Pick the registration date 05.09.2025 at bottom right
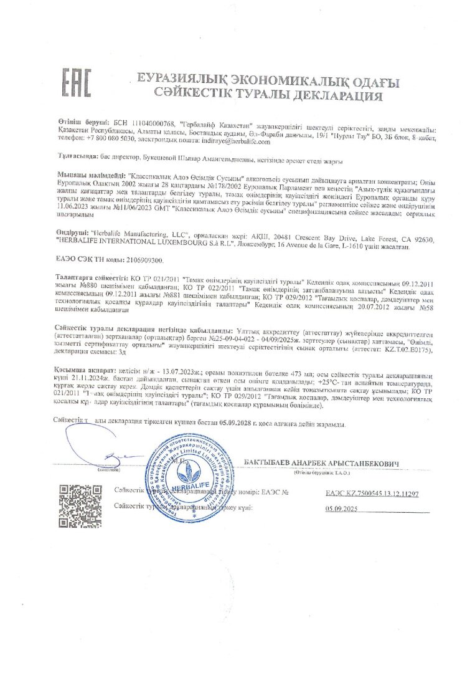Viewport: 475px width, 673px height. click(x=343, y=509)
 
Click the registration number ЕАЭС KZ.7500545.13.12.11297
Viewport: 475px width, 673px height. click(x=372, y=493)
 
